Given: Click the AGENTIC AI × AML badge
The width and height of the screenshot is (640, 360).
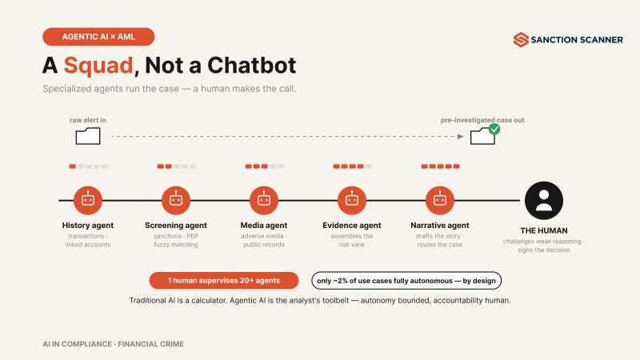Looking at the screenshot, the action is pyautogui.click(x=98, y=37).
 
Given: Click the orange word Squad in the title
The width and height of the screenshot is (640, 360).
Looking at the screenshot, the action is pyautogui.click(x=98, y=66).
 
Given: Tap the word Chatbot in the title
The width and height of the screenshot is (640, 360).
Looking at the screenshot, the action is pyautogui.click(x=251, y=66).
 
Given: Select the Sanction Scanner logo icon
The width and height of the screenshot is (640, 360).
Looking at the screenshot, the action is pyautogui.click(x=521, y=39).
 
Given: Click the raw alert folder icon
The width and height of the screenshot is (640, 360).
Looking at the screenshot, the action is pyautogui.click(x=88, y=136).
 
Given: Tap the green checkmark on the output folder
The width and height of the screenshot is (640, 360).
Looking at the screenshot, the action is pyautogui.click(x=494, y=130).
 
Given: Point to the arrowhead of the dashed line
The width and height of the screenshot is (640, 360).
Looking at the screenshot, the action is pyautogui.click(x=461, y=136).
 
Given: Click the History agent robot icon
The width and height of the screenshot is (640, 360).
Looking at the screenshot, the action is pyautogui.click(x=88, y=201).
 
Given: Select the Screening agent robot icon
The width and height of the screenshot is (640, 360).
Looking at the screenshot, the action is pyautogui.click(x=176, y=201).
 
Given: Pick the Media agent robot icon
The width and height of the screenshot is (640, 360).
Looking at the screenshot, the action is pyautogui.click(x=264, y=201).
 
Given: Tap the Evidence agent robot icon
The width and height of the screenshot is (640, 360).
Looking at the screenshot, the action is pyautogui.click(x=352, y=201).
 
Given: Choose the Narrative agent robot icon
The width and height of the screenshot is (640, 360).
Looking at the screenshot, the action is pyautogui.click(x=439, y=201).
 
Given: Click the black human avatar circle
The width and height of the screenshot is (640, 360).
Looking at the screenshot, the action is pyautogui.click(x=544, y=201).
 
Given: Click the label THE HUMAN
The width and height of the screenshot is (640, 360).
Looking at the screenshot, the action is pyautogui.click(x=544, y=230).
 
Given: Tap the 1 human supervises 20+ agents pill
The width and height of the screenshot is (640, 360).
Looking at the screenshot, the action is pyautogui.click(x=224, y=281).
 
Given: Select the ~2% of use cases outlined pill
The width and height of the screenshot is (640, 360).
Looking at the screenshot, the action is pyautogui.click(x=406, y=281).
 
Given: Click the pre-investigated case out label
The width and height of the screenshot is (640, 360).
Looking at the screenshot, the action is pyautogui.click(x=482, y=120).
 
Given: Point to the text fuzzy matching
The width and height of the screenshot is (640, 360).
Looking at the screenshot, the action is pyautogui.click(x=176, y=245).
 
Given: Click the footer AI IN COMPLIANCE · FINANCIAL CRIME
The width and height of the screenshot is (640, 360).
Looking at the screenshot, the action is pyautogui.click(x=113, y=344).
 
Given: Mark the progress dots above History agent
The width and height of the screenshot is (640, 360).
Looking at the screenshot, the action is pyautogui.click(x=88, y=166).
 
